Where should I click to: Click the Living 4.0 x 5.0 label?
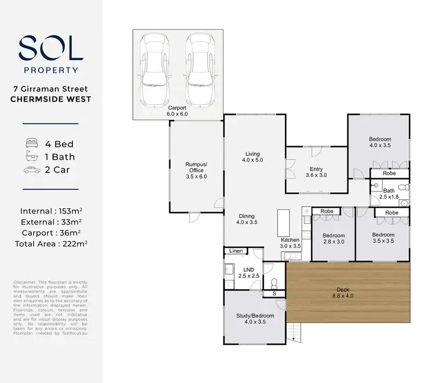point(251,156)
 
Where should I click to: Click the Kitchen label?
point(290,243)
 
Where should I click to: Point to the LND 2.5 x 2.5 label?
point(245,273)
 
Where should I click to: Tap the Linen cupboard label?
point(237,251)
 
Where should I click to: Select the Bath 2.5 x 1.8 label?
point(394,193)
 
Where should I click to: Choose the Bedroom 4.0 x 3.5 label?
point(380,142)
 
